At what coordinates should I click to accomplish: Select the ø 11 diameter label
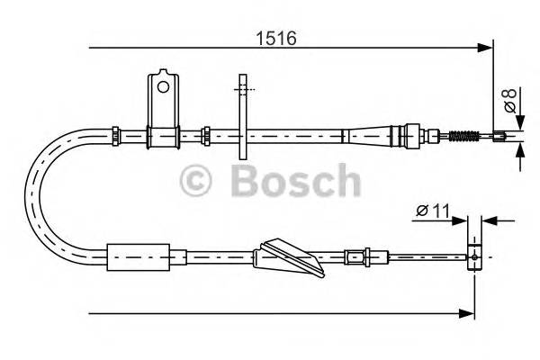tap(431, 212)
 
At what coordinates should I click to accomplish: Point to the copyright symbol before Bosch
tap(196, 181)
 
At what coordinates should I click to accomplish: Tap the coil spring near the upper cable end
tap(463, 138)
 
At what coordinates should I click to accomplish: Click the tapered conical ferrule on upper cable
tap(373, 136)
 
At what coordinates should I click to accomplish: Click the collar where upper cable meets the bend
tap(115, 135)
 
